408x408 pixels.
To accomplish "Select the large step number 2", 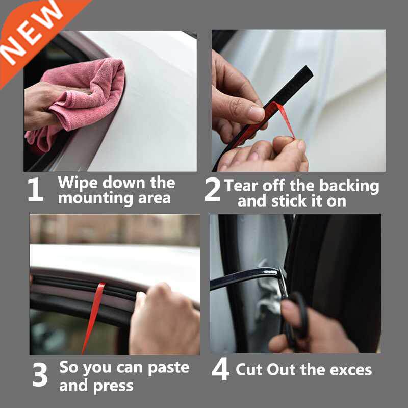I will pyautogui.click(x=212, y=189).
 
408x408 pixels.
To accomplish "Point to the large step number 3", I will pyautogui.click(x=40, y=375).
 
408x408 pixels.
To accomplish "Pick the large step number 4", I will pyautogui.click(x=220, y=371).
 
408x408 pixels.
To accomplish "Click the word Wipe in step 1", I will pyautogui.click(x=76, y=183).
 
